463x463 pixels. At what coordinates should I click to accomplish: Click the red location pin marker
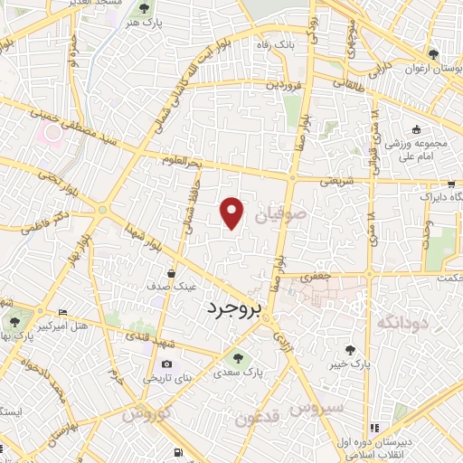pos(233,213)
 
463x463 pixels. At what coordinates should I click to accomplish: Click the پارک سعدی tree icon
pos(238,355)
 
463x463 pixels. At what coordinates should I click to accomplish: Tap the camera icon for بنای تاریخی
pos(165,364)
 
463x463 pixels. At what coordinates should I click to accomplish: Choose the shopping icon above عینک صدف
pos(171,271)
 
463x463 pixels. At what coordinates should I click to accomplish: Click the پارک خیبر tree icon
pos(349,348)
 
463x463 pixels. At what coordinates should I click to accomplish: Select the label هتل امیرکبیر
pos(92,324)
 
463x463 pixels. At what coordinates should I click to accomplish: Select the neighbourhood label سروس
pos(322,408)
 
